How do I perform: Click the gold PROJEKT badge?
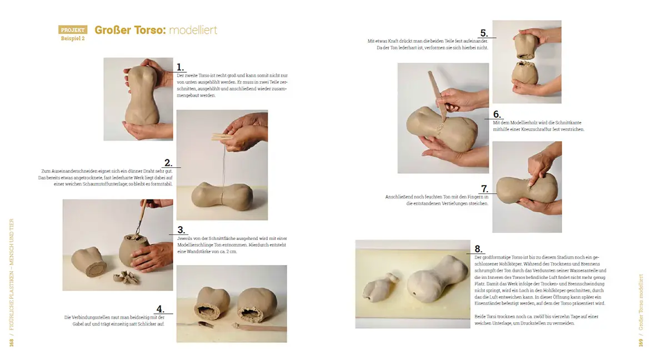pyautogui.click(x=73, y=30)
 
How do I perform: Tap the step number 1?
pyautogui.click(x=181, y=67)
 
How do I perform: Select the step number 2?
pyautogui.click(x=168, y=163)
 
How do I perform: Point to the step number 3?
pyautogui.click(x=181, y=230)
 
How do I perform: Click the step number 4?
pyautogui.click(x=160, y=309)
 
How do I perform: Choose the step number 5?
pyautogui.click(x=484, y=33)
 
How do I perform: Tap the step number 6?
pyautogui.click(x=497, y=114)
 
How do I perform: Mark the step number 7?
pyautogui.click(x=484, y=189)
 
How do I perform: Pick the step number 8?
pyautogui.click(x=478, y=248)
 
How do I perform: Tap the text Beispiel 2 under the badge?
pyautogui.click(x=73, y=39)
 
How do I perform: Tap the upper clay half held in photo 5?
pyautogui.click(x=525, y=44)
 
